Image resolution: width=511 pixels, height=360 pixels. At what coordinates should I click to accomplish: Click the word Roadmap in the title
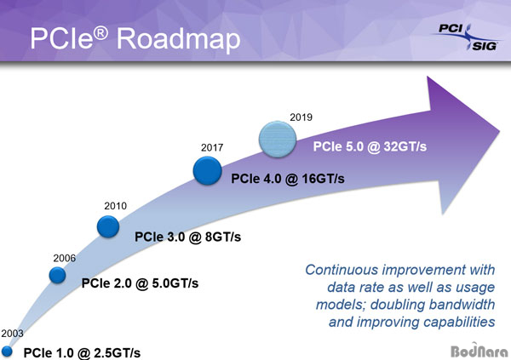tap(179, 39)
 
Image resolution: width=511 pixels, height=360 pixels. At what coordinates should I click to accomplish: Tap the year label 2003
tap(13, 334)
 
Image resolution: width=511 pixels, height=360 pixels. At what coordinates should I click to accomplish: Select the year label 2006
tap(65, 258)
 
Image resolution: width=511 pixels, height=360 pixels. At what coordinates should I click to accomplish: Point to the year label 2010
tap(115, 206)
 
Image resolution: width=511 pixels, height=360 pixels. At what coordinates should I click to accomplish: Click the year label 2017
tap(212, 147)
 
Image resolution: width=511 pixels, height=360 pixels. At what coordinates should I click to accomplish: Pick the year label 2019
tap(301, 117)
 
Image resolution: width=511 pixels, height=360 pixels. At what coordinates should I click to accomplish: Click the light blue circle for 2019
tap(278, 140)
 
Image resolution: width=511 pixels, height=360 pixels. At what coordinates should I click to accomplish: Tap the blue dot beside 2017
tap(207, 171)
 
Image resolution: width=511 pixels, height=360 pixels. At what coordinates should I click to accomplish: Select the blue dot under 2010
tap(108, 226)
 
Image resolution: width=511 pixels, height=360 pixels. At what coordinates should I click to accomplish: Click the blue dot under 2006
tap(57, 275)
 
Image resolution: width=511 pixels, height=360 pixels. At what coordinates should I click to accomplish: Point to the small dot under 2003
tap(7, 351)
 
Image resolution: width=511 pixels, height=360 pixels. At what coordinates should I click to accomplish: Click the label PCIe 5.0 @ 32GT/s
tap(370, 146)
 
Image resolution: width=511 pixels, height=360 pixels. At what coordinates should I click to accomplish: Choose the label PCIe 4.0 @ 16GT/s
tap(288, 179)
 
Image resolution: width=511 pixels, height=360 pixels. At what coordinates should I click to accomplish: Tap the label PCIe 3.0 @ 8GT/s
tap(187, 237)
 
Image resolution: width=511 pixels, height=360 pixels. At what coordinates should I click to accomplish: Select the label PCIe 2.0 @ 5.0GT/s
tap(140, 283)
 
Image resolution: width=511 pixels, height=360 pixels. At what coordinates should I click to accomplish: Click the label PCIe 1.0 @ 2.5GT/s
tap(82, 353)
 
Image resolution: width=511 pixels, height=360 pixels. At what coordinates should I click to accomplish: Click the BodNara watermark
tap(479, 351)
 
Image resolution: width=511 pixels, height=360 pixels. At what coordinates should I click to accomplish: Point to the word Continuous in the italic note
tap(342, 270)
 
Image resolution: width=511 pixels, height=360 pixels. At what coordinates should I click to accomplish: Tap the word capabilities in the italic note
tap(459, 323)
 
